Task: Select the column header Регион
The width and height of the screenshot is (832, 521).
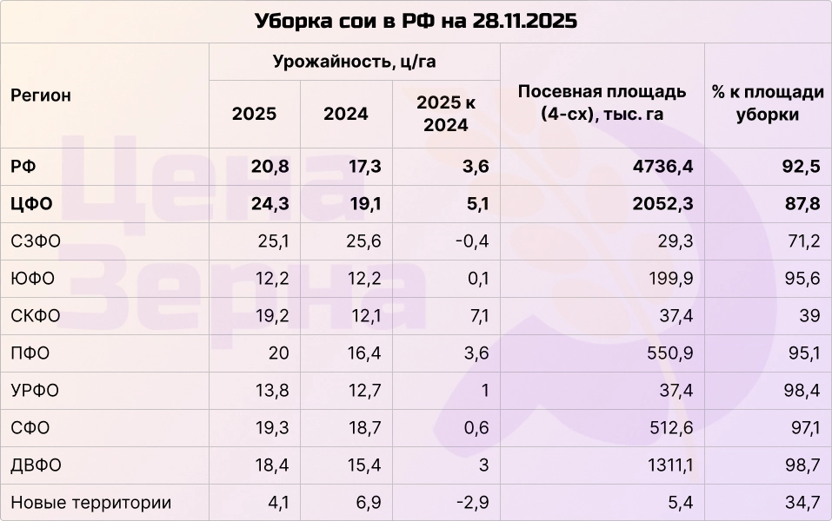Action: tap(41, 96)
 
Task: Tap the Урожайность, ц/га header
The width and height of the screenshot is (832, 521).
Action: tap(354, 62)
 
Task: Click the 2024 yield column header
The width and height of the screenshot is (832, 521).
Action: tap(345, 114)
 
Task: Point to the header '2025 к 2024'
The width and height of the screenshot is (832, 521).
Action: tap(446, 114)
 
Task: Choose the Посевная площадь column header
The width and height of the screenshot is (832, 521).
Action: tap(602, 102)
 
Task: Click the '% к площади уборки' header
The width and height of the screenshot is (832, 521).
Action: tap(767, 102)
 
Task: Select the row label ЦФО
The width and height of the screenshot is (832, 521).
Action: tap(32, 204)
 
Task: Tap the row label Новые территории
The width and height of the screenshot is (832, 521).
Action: tap(90, 503)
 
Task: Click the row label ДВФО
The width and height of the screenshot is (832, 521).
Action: tap(36, 465)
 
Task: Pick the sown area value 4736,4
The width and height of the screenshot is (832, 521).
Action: tap(664, 167)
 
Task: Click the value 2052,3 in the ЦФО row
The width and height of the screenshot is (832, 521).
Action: tap(664, 204)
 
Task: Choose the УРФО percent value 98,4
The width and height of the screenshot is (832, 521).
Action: tap(802, 391)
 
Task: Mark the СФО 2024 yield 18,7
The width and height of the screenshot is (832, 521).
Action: tap(363, 428)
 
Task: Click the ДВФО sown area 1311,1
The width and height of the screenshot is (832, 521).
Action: tap(669, 465)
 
